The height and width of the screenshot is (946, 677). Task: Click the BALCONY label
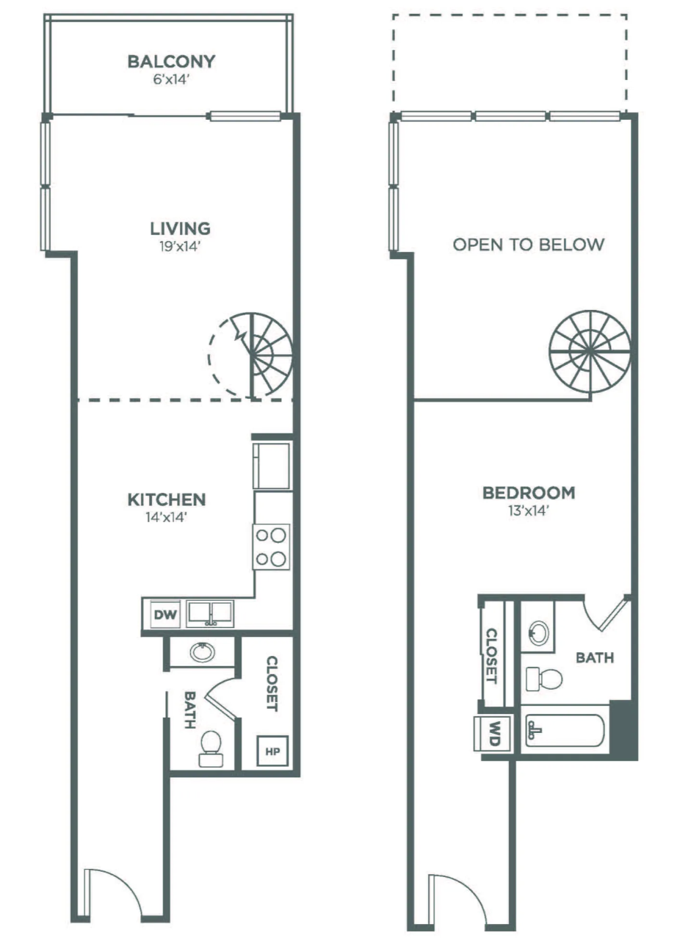[171, 62]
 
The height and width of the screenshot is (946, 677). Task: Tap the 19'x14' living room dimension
[171, 247]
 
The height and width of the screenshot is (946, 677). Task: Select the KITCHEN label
[167, 500]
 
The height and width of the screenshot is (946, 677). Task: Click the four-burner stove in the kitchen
[271, 547]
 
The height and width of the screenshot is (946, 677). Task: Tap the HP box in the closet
[272, 751]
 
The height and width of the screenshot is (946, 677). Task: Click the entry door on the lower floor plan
[111, 892]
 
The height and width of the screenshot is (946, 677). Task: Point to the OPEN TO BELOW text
[528, 245]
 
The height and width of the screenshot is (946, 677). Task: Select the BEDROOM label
[528, 493]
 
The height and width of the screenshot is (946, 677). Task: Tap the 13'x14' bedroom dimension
[528, 512]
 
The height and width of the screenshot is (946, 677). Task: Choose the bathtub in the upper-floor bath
[564, 730]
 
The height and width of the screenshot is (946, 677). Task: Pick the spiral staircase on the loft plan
[590, 351]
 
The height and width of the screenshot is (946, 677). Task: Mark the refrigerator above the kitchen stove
[271, 465]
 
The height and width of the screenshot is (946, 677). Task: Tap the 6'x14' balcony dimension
[171, 80]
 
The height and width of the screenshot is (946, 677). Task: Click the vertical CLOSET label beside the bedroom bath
[492, 655]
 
